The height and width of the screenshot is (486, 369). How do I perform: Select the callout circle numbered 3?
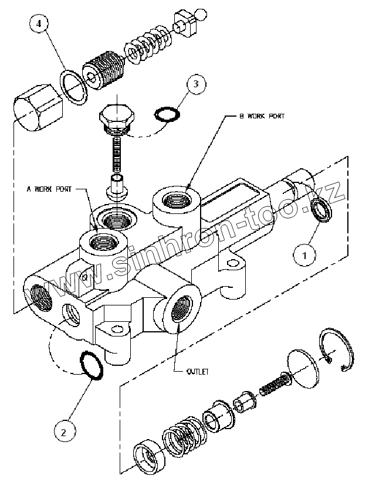(x=197, y=84)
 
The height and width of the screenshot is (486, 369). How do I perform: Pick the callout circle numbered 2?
(x=65, y=431)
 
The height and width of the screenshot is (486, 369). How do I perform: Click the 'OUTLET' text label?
(x=198, y=372)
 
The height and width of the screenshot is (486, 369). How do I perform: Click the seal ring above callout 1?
(x=321, y=210)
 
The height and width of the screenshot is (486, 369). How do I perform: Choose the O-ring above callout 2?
(x=91, y=363)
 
